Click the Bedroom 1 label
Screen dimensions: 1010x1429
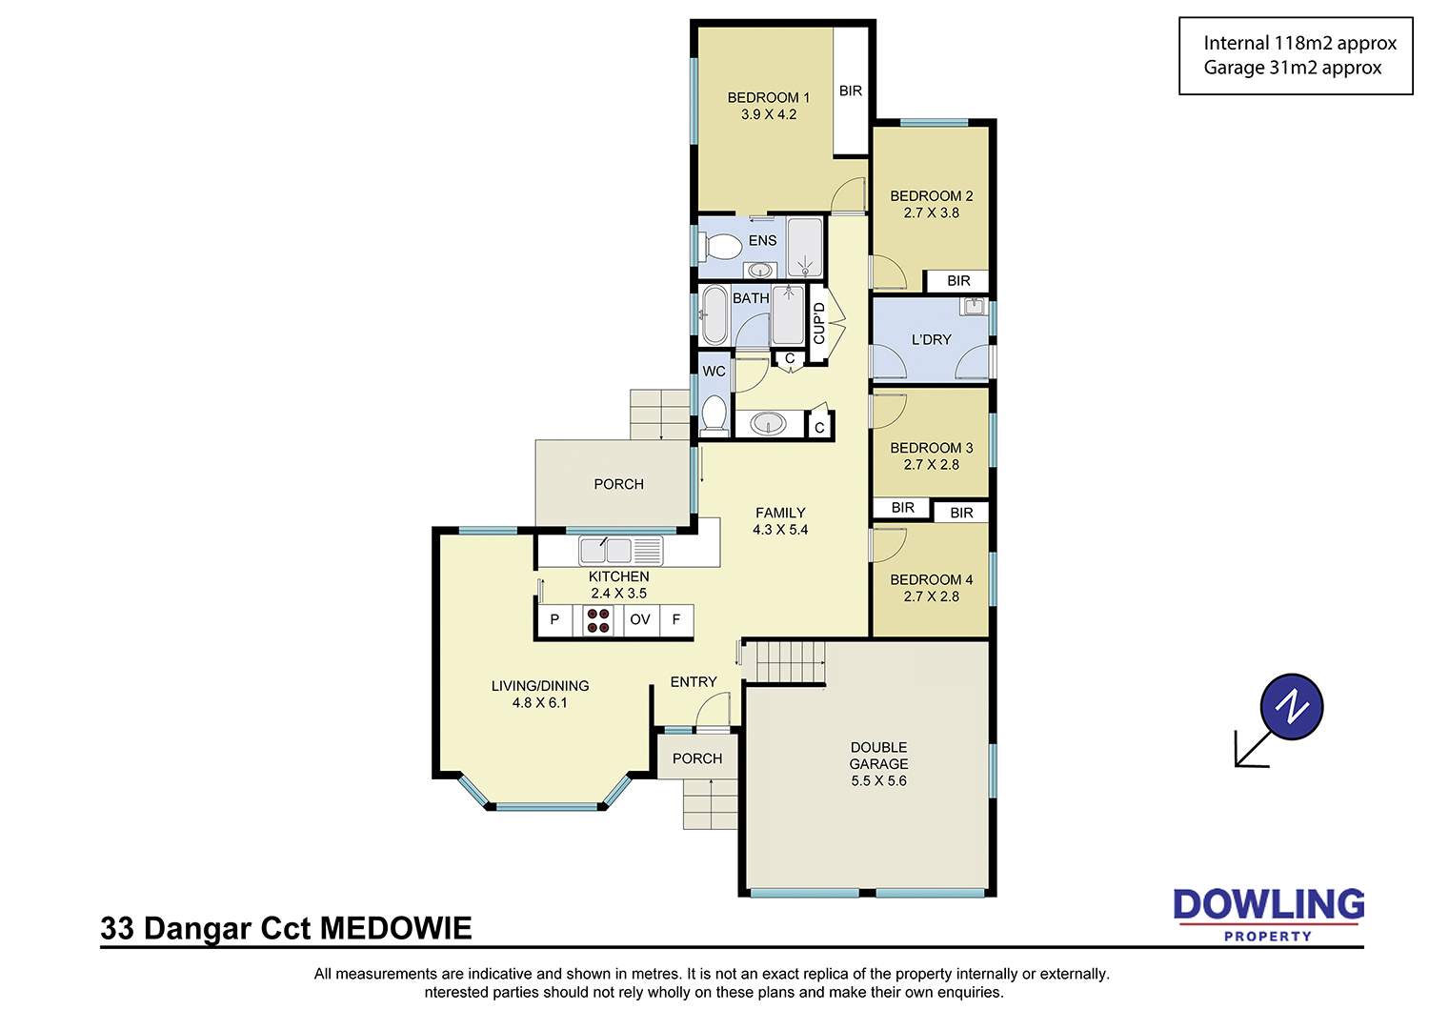tap(768, 97)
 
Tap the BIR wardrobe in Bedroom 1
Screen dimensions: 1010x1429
tap(851, 91)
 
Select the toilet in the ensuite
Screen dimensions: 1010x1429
tap(719, 248)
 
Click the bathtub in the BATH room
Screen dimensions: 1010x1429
tap(714, 316)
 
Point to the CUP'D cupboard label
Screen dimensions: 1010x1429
tap(818, 323)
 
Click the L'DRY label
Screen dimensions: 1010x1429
tap(931, 339)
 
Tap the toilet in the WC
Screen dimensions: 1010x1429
tap(714, 414)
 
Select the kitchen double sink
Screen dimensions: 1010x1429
tap(605, 551)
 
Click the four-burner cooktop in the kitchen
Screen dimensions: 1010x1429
tap(597, 620)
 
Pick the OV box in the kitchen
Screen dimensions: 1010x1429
tap(639, 620)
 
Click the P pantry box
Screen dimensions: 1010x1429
tap(554, 620)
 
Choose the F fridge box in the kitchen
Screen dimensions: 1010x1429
tap(676, 620)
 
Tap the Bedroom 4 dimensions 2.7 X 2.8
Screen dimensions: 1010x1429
tap(931, 596)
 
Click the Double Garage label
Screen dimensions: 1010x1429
tap(878, 756)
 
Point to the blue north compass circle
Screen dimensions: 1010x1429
tap(1291, 706)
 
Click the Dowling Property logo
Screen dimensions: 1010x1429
tap(1268, 913)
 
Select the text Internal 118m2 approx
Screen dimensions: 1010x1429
tap(1299, 43)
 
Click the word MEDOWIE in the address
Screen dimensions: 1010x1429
tap(395, 928)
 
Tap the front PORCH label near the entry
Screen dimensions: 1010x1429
tap(697, 758)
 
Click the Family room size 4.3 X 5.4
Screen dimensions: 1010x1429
tap(780, 530)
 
